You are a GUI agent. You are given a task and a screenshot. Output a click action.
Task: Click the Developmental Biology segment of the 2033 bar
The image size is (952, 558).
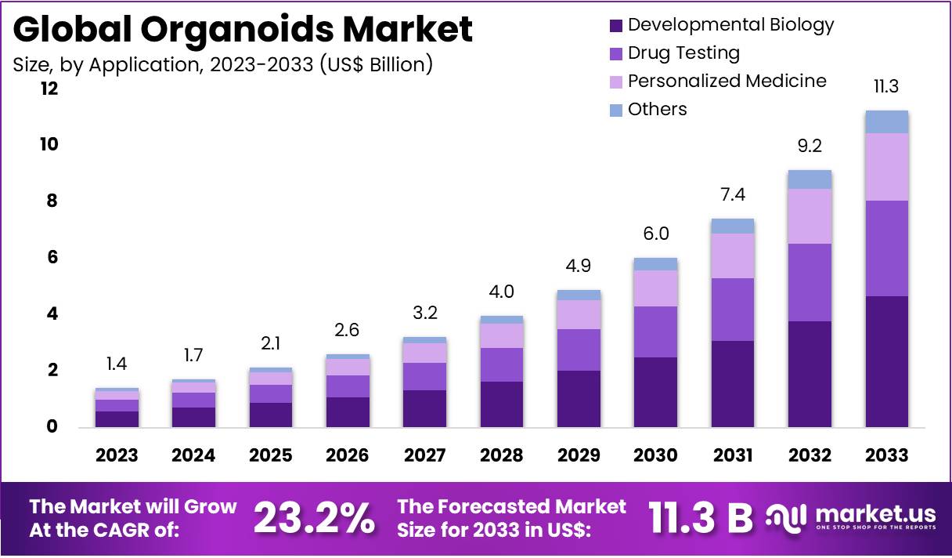tap(886, 361)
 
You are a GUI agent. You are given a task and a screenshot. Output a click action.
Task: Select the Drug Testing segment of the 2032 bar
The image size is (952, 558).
tap(810, 282)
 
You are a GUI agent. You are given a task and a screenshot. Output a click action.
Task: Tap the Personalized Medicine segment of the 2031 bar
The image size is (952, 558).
tap(733, 255)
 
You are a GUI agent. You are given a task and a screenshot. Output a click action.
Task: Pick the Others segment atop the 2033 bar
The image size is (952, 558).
tap(886, 122)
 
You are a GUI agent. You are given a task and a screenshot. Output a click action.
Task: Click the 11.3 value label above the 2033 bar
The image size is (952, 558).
tap(886, 86)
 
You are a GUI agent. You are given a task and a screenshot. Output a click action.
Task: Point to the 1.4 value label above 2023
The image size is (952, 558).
tap(117, 363)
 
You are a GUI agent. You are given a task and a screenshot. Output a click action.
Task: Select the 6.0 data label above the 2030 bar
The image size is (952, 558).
tap(656, 234)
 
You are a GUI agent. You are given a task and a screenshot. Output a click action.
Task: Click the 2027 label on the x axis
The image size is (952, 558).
tap(425, 455)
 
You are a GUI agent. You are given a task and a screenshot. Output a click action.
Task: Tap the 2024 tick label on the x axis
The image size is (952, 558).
tap(194, 455)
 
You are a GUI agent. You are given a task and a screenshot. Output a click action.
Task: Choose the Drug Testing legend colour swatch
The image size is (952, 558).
tap(616, 54)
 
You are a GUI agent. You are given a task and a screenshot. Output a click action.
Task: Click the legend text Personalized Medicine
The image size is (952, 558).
tap(727, 81)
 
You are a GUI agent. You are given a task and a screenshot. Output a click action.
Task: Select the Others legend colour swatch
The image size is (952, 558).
tap(616, 110)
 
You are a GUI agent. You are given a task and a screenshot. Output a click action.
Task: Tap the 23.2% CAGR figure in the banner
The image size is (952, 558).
tap(314, 518)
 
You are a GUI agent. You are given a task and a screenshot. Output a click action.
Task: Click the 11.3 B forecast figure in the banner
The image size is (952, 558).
tap(700, 517)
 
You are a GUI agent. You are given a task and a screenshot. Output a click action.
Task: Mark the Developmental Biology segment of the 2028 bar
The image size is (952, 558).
tap(502, 404)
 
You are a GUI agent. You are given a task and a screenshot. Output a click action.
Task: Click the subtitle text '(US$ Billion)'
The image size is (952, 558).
tap(376, 64)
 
